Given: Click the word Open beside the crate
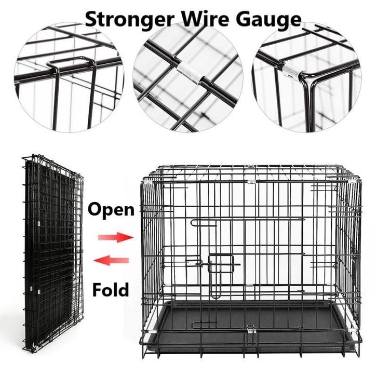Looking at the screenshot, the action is click(x=111, y=210).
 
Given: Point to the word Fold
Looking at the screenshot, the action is click(x=110, y=289).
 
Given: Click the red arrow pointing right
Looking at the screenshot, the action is click(x=115, y=237).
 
